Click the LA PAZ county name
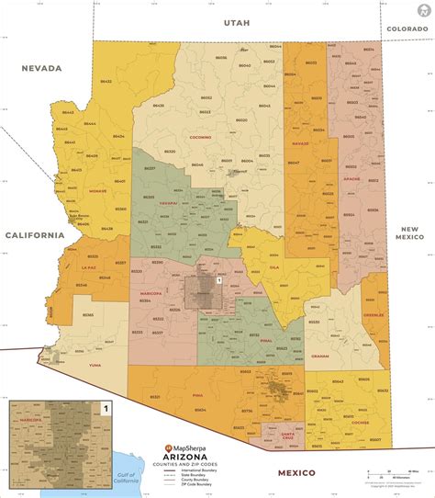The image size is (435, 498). (89, 267)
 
